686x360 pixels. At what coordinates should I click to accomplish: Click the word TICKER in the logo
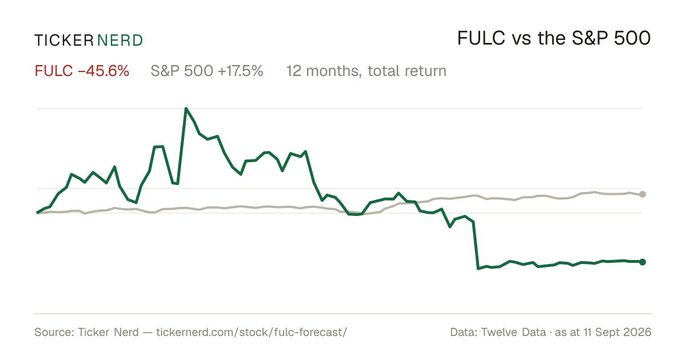pos(64,41)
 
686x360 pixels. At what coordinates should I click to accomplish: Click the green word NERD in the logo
pos(120,41)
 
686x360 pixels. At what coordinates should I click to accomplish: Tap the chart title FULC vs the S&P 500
pos(554,38)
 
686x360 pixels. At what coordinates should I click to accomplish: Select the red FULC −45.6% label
pos(82,71)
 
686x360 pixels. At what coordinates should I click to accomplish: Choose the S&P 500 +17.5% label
pos(207,71)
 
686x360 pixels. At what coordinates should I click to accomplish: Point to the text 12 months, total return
pos(366,71)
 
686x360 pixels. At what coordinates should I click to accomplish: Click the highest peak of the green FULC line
pos(186,109)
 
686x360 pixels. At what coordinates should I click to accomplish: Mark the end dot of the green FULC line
pos(643,262)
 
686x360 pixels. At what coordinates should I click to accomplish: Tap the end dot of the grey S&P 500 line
pos(643,194)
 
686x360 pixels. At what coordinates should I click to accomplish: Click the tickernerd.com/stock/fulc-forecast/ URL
pos(252,332)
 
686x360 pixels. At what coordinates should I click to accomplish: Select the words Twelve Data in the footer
pos(513,332)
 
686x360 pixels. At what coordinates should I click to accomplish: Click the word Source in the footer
pos(53,332)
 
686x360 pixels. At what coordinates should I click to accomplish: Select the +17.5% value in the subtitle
pos(241,71)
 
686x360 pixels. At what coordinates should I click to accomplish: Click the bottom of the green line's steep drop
pos(478,269)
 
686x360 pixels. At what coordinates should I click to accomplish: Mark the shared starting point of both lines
pos(37,213)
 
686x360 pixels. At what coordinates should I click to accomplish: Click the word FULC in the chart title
pos(481,38)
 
